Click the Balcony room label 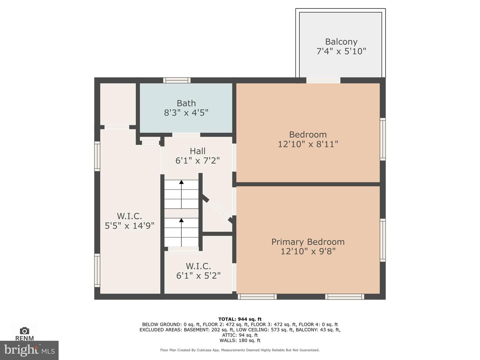coord(341,42)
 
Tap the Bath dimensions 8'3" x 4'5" coord(186,113)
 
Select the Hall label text coord(197,151)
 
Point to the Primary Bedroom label coord(308,242)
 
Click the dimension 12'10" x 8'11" coord(308,144)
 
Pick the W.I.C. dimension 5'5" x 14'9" coord(129,226)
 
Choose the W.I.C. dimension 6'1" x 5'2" coord(198,275)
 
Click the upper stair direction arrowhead coord(181,182)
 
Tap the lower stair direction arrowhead coord(181,220)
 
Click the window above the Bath coord(177,80)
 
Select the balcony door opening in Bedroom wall coord(323,80)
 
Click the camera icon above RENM coord(24,331)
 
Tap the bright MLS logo coord(29,350)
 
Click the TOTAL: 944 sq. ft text coord(240,319)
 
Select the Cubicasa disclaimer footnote coord(240,350)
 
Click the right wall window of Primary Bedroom coord(383,240)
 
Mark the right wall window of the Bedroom coord(383,139)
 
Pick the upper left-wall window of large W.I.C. coord(97,156)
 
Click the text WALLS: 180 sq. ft coord(240,340)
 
